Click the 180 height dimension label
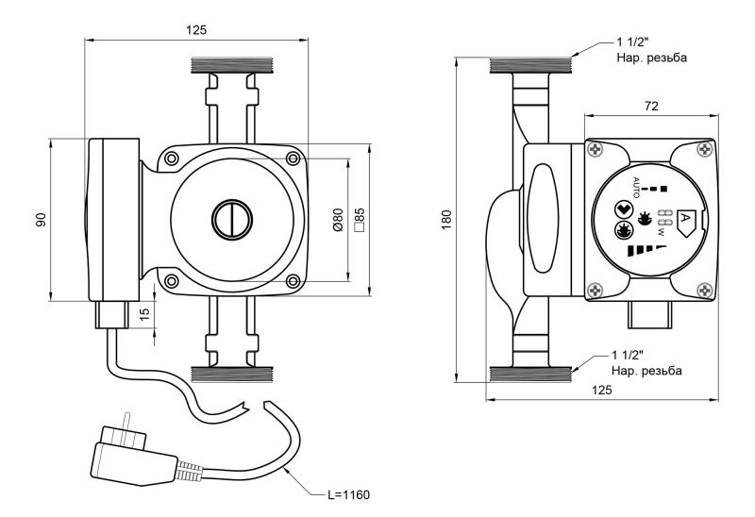point(446,220)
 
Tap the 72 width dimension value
point(651,106)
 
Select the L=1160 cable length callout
point(348,494)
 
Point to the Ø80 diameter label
point(339,220)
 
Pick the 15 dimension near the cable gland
point(144,313)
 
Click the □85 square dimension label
point(360,220)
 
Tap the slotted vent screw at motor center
point(232,220)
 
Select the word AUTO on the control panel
point(635,188)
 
